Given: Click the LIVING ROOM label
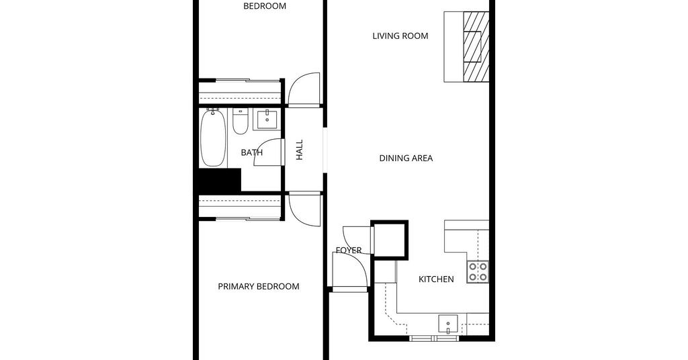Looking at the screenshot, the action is [400, 36].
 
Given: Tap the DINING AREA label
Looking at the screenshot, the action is [406, 159].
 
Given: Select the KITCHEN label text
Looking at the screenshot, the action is [436, 279].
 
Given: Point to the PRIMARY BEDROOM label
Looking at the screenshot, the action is [259, 287].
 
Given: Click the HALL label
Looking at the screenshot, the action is [300, 150].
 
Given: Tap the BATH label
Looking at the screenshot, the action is [252, 152].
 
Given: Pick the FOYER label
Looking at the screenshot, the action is [349, 251].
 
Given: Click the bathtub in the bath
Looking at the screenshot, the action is [213, 138].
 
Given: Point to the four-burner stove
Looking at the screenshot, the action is [478, 271].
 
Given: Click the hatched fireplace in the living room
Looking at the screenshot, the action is [476, 46].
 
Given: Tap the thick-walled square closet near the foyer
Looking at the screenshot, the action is [390, 239].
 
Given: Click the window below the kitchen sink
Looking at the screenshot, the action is [435, 338].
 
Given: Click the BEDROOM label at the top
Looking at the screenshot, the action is [265, 6].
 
